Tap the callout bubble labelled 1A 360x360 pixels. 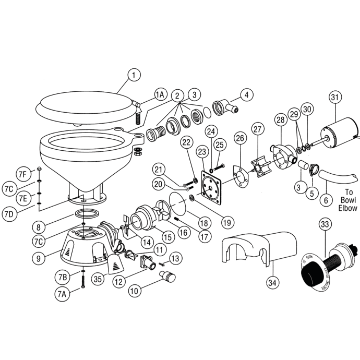pos(160,94)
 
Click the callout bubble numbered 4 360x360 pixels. pos(246,95)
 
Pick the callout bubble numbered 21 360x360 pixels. pos(159,168)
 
